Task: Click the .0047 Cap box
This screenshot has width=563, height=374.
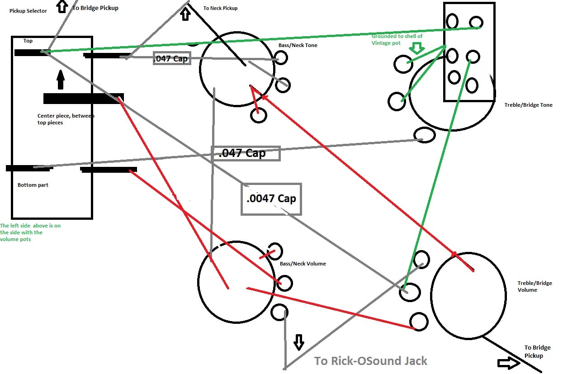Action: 271,199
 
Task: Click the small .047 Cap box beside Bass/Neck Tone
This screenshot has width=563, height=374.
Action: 172,58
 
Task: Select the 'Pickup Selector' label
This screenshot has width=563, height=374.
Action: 28,11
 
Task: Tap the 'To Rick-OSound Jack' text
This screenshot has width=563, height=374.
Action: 370,361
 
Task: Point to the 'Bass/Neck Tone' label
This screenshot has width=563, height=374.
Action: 298,45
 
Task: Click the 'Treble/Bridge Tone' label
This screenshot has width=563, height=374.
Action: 528,105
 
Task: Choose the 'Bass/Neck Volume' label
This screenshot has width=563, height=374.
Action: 303,264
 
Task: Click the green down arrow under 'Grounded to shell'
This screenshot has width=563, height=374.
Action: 417,48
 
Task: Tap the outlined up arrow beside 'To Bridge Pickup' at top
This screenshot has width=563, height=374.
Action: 62,6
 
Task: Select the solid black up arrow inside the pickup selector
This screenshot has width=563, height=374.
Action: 60,80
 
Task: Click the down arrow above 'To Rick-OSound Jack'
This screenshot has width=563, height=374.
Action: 299,342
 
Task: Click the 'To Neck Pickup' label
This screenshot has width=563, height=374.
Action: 220,8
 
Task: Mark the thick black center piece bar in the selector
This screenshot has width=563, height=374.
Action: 84,99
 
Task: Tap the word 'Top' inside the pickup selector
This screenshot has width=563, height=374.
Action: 28,41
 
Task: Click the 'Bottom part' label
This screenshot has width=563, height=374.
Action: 33,185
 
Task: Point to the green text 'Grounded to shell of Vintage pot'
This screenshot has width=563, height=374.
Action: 397,39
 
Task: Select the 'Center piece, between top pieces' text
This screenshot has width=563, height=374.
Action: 66,119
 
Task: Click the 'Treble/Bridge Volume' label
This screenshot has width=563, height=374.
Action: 535,286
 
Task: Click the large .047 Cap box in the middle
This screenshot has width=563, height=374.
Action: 246,153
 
